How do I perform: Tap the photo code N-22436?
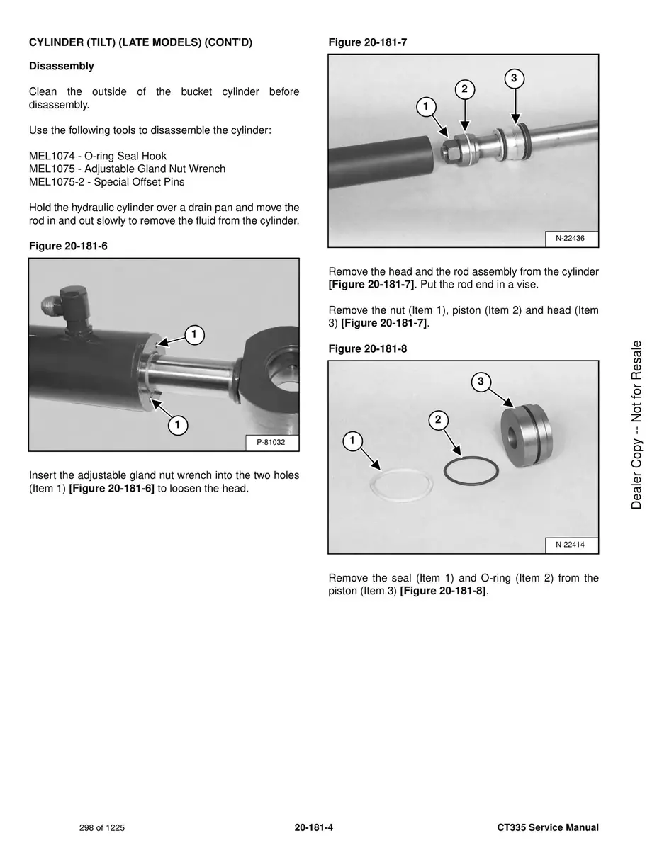571,239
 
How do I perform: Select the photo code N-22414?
571,545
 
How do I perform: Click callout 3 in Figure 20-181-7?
515,78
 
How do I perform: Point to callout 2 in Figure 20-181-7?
464,89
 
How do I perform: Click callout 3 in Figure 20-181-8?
481,382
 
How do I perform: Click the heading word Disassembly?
61,66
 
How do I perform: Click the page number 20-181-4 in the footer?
314,827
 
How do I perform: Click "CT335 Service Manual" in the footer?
548,827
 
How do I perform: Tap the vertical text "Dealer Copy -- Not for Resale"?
636,425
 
